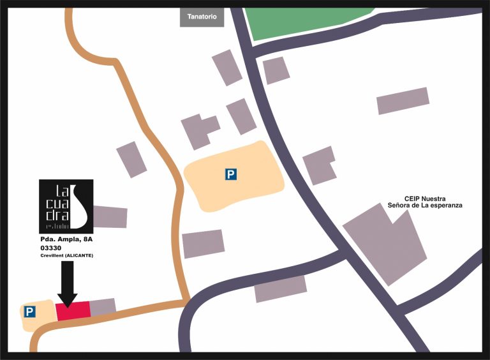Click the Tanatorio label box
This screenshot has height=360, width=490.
(x=202, y=17)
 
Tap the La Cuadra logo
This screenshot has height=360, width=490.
(x=66, y=206)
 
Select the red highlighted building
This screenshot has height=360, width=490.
(x=73, y=311)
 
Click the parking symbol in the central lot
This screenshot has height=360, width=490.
(x=231, y=174)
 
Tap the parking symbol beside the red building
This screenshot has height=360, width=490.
(x=29, y=311)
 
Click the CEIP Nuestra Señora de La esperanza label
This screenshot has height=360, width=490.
(x=424, y=202)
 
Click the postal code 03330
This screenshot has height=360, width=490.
(x=51, y=248)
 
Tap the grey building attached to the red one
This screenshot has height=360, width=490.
(x=102, y=307)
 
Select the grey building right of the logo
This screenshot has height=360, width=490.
(x=110, y=217)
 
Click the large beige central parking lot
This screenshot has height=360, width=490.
(x=234, y=176)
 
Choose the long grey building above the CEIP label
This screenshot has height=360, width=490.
(x=402, y=101)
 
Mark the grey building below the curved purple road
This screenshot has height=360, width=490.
(x=281, y=289)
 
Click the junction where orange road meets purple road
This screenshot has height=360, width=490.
(x=186, y=299)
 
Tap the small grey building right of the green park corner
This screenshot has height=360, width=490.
(x=276, y=70)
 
